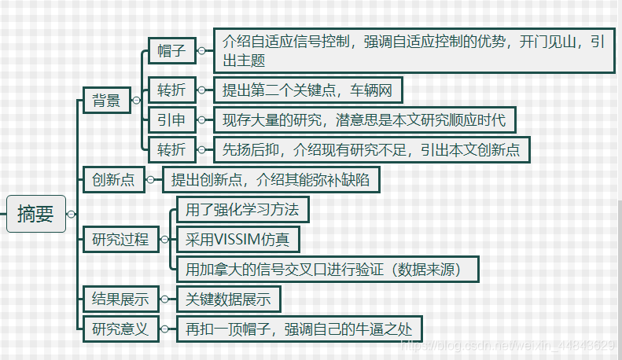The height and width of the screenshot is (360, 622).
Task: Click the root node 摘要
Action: [x=36, y=213]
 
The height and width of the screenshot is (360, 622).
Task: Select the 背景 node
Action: [x=107, y=100]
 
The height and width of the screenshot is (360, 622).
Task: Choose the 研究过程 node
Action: [x=120, y=239]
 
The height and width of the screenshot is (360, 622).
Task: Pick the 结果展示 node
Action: [x=120, y=299]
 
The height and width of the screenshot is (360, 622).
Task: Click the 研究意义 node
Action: [x=120, y=329]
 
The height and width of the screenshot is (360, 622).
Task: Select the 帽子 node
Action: [x=171, y=50]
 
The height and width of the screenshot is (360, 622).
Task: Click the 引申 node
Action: [x=171, y=120]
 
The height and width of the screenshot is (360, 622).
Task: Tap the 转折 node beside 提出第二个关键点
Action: [x=171, y=90]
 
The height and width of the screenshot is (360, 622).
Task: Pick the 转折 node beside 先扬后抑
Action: [x=171, y=149]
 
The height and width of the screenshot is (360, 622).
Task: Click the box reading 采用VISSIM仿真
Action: [x=237, y=239]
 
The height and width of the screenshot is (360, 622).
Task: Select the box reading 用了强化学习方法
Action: [x=242, y=210]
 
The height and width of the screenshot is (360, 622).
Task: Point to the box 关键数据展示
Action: [x=228, y=299]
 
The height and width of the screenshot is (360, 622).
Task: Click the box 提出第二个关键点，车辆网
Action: [x=307, y=90]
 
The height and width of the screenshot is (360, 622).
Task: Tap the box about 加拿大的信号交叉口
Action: [x=327, y=269]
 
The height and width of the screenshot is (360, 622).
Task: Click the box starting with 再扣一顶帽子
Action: [x=298, y=329]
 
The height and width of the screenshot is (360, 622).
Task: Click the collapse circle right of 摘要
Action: [x=72, y=214]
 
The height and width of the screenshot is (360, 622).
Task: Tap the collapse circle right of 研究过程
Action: [x=164, y=239]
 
